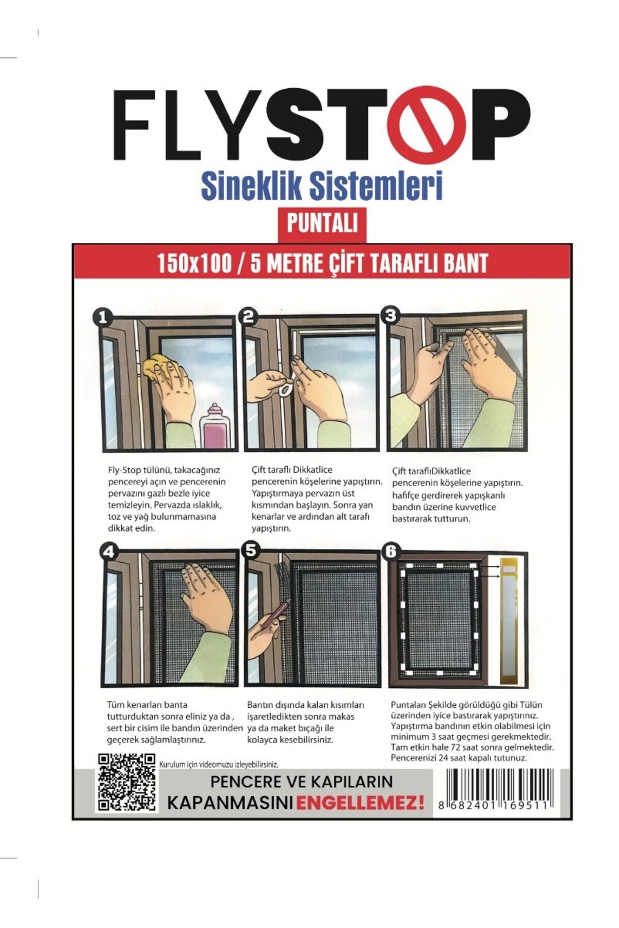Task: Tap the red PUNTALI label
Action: pos(322,224)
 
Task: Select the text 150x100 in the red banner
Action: pos(194,263)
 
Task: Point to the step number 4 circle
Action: pos(108,552)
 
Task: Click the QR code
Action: pos(126,782)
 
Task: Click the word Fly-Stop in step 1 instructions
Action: pos(122,470)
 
